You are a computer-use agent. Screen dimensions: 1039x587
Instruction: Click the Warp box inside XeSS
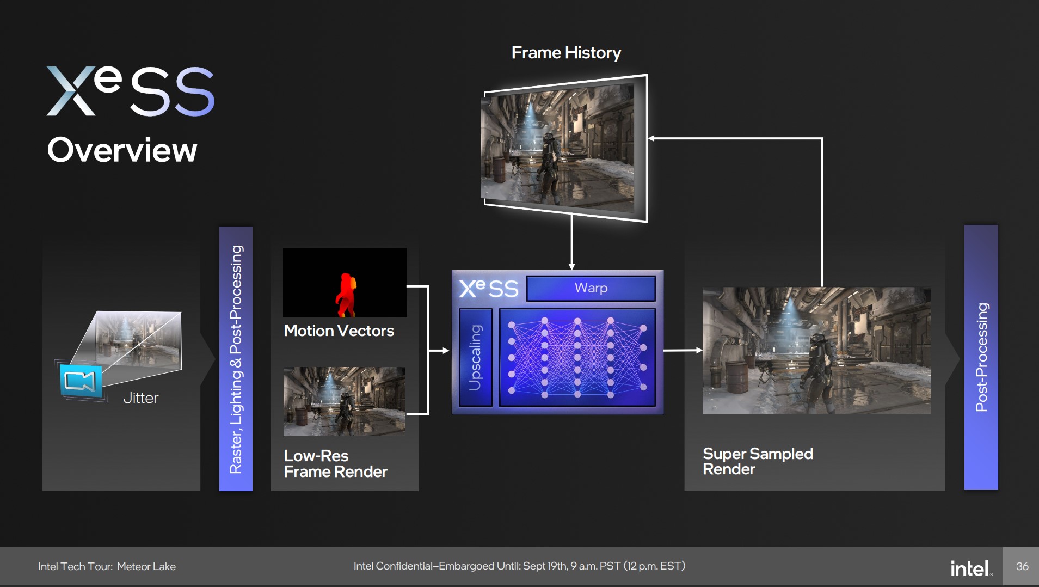click(591, 288)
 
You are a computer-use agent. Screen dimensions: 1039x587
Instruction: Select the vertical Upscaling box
click(476, 357)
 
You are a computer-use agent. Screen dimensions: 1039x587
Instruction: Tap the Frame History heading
click(566, 52)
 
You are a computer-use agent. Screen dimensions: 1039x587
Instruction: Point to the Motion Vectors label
click(339, 331)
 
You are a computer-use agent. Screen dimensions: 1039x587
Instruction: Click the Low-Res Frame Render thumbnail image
click(344, 401)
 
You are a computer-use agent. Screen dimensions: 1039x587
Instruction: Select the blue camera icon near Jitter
click(81, 380)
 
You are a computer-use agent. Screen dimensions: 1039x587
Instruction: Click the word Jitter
click(141, 398)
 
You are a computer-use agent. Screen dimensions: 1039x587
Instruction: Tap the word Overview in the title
click(122, 150)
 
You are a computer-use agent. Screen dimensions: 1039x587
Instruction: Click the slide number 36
click(1022, 566)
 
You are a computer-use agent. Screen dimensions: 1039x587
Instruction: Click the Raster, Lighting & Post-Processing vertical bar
click(236, 359)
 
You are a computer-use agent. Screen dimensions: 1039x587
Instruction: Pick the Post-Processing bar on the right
click(981, 357)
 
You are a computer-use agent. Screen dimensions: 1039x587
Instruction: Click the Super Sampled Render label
click(758, 461)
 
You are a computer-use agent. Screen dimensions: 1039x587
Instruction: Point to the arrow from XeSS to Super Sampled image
click(683, 350)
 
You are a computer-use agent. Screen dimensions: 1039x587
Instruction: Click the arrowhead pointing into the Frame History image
click(651, 138)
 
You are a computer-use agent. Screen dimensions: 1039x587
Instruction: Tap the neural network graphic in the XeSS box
click(577, 357)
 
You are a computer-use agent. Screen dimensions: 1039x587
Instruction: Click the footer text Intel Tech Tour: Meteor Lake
click(107, 566)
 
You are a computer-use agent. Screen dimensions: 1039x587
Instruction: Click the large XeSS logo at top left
click(131, 91)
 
